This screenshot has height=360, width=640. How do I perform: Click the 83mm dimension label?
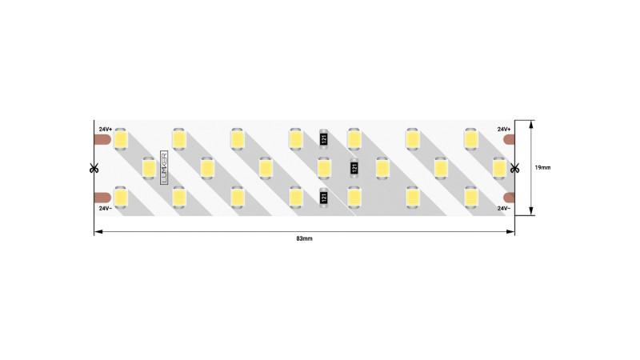(304, 239)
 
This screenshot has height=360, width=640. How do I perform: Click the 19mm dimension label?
(542, 167)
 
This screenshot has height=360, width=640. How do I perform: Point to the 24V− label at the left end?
(106, 208)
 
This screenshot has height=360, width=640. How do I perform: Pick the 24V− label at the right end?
(504, 208)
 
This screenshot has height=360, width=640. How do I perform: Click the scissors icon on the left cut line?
(94, 168)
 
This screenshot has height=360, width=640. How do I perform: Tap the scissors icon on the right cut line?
(514, 168)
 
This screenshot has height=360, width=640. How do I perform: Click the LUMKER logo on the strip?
(165, 168)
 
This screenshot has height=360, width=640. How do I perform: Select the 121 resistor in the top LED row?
(324, 138)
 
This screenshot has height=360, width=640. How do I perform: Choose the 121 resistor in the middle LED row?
(353, 168)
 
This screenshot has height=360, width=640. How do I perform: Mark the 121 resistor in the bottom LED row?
(324, 197)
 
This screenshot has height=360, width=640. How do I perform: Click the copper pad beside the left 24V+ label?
(102, 140)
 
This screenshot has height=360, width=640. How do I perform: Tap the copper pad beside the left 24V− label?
(102, 197)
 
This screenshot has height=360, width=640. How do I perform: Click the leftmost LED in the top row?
(121, 138)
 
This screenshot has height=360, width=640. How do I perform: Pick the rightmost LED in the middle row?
(499, 168)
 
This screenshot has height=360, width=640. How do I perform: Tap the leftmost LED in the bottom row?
(121, 197)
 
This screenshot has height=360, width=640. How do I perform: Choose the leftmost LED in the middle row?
(149, 168)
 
